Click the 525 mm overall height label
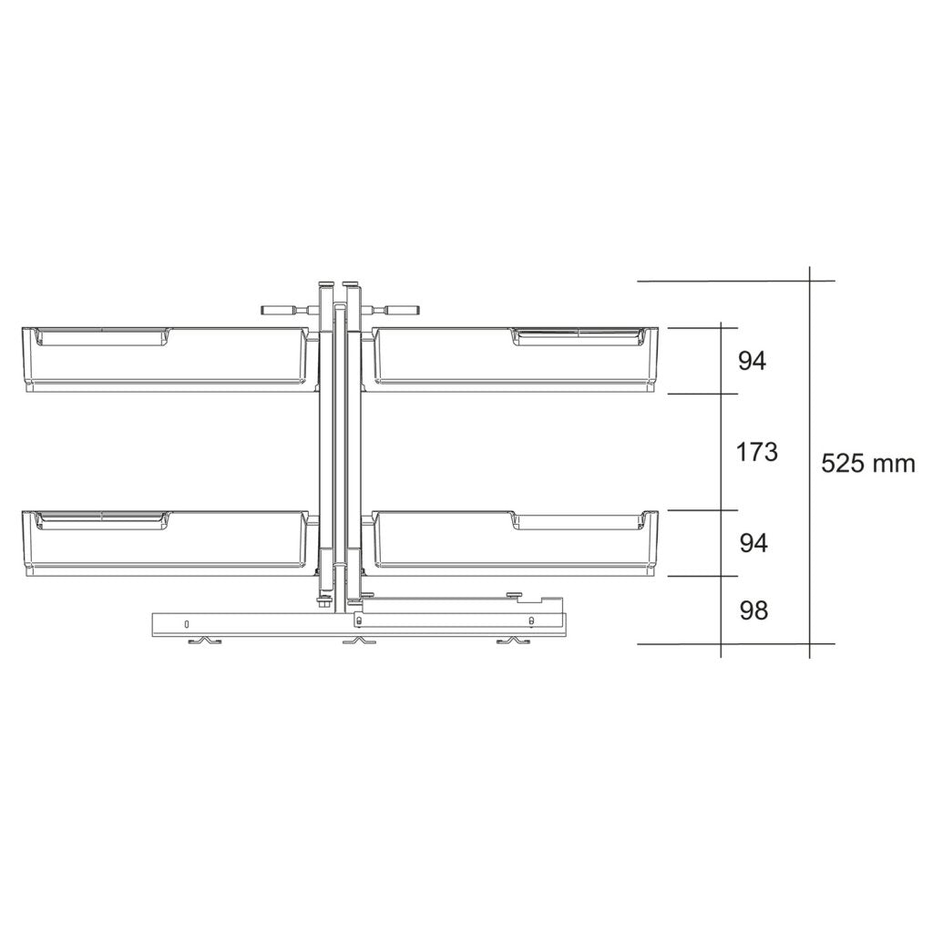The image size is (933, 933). pyautogui.click(x=867, y=463)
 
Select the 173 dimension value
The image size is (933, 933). pyautogui.click(x=756, y=451)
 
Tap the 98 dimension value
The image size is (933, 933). pyautogui.click(x=753, y=610)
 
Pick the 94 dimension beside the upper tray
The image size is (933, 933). pyautogui.click(x=753, y=361)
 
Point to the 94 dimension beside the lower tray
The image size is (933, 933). pyautogui.click(x=753, y=543)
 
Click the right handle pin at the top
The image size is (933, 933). pyautogui.click(x=397, y=310)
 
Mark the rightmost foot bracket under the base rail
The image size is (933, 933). pyautogui.click(x=511, y=642)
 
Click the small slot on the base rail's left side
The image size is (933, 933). pyautogui.click(x=186, y=624)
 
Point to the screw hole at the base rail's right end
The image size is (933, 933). pyautogui.click(x=530, y=621)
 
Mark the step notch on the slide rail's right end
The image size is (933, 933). pyautogui.click(x=550, y=600)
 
